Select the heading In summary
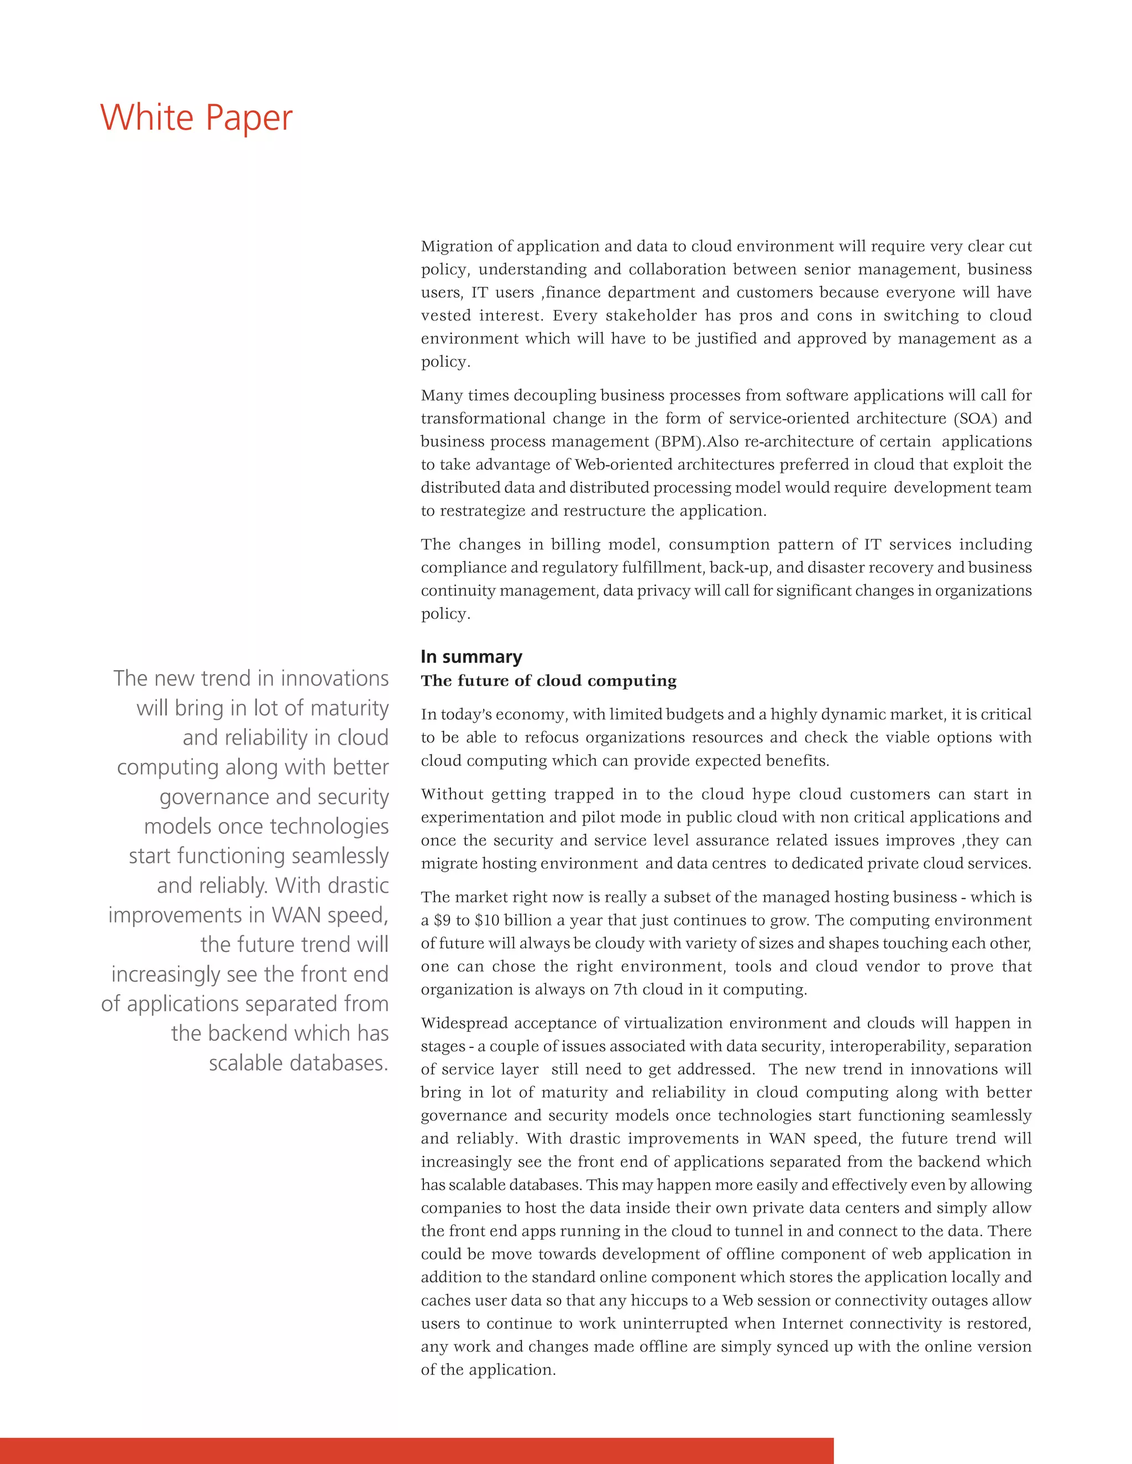point(471,656)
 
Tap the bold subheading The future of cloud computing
point(548,681)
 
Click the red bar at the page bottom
point(416,1451)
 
